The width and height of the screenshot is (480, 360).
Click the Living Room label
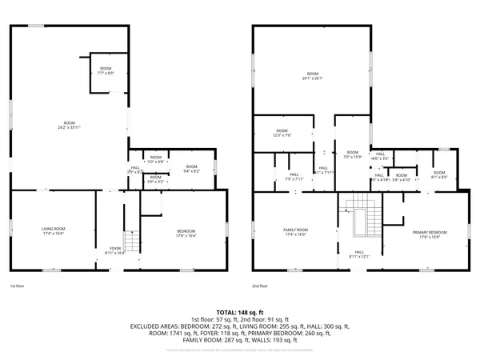53,232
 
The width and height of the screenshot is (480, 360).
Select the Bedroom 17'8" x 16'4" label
186,234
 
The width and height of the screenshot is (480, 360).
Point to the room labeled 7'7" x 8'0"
106,71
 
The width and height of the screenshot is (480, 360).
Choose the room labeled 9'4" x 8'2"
191,169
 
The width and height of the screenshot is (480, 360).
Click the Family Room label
295,233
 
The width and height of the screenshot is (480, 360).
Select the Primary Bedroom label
429,234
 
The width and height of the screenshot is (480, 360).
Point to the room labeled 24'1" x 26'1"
312,76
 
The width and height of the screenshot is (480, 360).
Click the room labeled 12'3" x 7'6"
282,133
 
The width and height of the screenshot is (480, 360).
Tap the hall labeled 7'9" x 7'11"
294,177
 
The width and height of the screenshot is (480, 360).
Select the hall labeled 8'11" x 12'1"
359,255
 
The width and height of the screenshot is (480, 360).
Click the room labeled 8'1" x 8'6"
440,174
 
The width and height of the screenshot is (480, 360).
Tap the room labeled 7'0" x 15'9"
352,154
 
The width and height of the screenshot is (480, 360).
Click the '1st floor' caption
18,286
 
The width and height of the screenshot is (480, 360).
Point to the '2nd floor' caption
259,286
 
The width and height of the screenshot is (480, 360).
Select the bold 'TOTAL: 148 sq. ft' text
240,312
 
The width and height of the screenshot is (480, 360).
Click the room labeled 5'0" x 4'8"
155,159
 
